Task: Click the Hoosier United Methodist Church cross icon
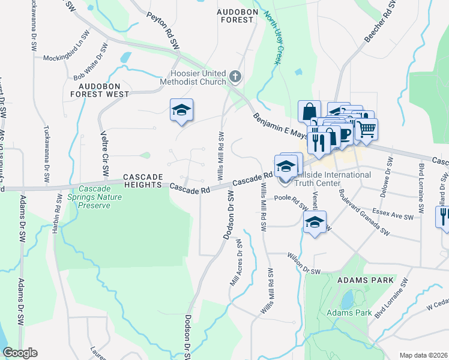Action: coord(235,77)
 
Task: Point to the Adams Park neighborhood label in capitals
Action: coord(366,280)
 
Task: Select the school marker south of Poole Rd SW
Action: coord(315,222)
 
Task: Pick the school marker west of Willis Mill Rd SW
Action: coord(182,110)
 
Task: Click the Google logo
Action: coord(20,353)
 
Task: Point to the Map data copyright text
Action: coord(423,355)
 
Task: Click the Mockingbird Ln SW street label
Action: coord(67,58)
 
